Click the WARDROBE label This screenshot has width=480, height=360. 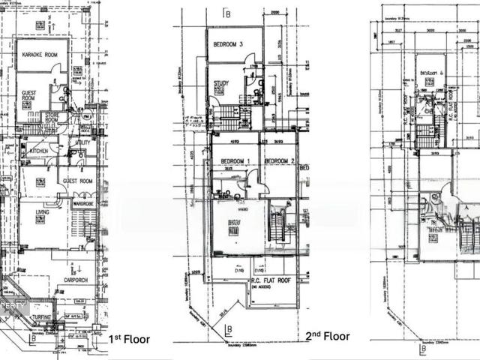83,200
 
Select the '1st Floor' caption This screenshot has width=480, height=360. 129,339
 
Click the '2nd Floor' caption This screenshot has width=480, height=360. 328,338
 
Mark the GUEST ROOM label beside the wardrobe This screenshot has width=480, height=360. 76,181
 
